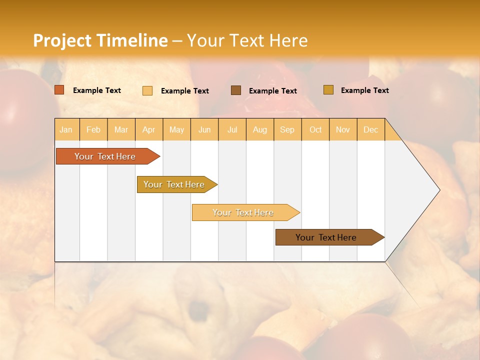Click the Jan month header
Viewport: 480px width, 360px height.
tap(66, 129)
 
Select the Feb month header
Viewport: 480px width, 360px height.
tap(93, 129)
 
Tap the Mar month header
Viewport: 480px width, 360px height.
tap(121, 129)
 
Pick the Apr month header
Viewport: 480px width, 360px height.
tap(148, 129)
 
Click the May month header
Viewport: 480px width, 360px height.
tap(176, 129)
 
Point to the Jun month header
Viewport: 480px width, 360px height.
tap(204, 129)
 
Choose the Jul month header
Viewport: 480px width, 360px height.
tap(232, 129)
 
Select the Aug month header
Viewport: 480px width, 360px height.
tap(259, 129)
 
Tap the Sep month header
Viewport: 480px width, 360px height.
tap(287, 129)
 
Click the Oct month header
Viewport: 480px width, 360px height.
tap(315, 129)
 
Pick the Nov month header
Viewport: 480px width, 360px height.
tap(342, 129)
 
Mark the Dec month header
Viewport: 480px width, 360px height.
tap(370, 129)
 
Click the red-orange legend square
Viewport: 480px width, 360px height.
tap(59, 90)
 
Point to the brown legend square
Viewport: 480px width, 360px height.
tap(236, 90)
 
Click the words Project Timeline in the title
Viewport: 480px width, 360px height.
tap(100, 40)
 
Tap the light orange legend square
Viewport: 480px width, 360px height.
tap(147, 90)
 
